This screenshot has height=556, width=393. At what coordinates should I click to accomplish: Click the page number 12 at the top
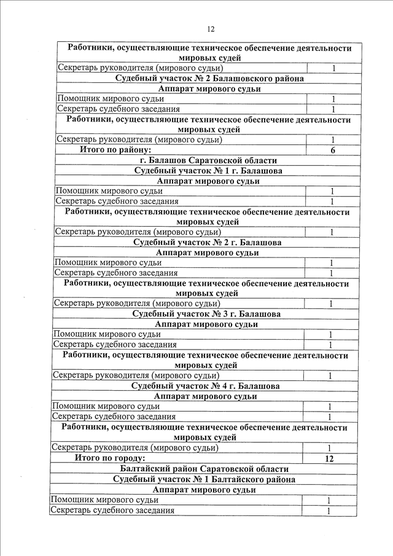coord(211,29)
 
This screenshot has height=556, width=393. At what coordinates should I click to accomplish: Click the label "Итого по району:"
coord(115,150)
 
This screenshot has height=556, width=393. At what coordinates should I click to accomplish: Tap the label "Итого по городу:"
coord(110,458)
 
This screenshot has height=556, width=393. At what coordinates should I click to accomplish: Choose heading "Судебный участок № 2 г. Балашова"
coord(207,243)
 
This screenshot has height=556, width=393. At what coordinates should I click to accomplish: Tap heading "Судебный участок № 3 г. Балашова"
coord(206,314)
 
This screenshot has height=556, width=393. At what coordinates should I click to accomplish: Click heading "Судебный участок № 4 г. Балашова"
coord(206,386)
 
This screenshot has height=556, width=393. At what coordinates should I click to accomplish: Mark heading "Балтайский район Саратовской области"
coord(204,469)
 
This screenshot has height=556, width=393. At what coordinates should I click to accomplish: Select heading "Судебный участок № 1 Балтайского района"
coord(204,479)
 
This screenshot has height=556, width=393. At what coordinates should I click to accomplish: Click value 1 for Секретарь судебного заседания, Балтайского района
coord(329,511)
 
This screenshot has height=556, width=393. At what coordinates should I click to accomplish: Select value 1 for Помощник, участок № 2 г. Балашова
coord(330,263)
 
